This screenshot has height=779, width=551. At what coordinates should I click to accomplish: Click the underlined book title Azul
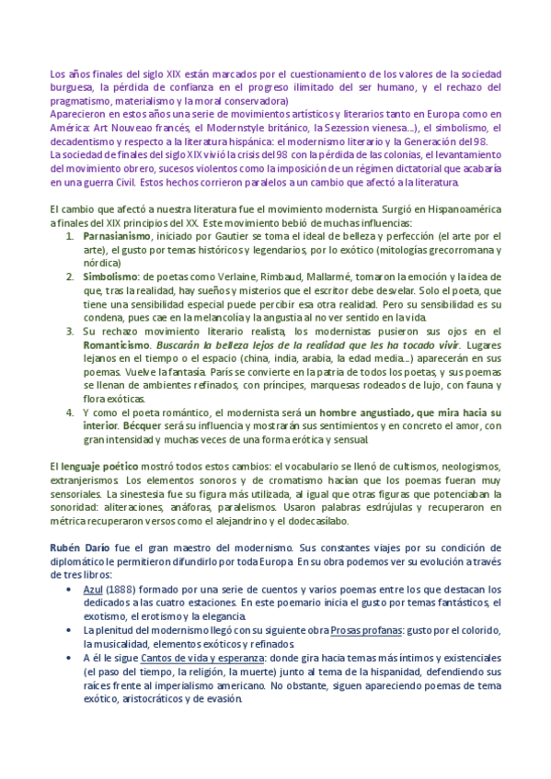(93, 589)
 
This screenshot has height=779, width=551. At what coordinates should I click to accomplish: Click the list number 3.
(70, 331)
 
